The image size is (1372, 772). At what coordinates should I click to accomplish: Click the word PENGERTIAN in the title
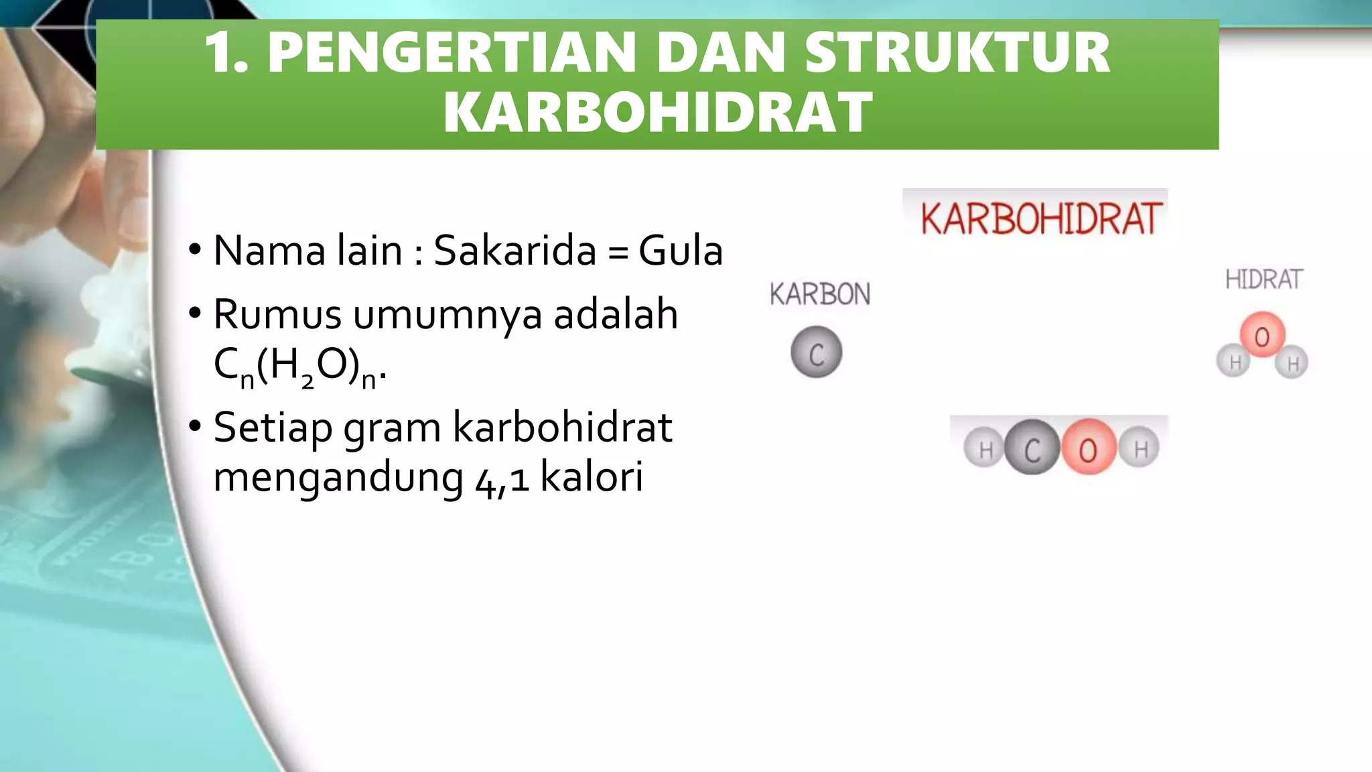(452, 54)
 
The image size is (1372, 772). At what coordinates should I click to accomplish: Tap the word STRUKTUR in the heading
(957, 54)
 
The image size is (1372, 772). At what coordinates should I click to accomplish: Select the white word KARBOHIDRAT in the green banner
(657, 113)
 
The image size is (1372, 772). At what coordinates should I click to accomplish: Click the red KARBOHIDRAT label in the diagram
(1040, 218)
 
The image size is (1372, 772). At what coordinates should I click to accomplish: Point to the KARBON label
(819, 294)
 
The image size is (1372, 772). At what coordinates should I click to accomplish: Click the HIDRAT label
(1263, 279)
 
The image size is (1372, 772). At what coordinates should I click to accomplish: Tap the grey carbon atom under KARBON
(816, 352)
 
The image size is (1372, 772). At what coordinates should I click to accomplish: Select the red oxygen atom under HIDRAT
(1262, 335)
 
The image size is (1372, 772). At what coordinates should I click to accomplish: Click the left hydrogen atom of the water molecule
(1234, 362)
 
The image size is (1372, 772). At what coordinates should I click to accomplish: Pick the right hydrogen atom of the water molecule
(1292, 363)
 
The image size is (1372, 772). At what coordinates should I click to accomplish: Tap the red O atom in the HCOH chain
(1088, 448)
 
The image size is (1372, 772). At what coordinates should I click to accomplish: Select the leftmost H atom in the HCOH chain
(985, 448)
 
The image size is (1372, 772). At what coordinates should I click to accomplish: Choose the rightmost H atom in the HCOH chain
(1140, 448)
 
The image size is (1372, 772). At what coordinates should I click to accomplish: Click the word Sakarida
(514, 251)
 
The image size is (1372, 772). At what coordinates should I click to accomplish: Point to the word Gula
(681, 251)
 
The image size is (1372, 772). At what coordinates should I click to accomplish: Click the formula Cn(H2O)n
(299, 367)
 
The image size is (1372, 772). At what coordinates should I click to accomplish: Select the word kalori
(592, 476)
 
